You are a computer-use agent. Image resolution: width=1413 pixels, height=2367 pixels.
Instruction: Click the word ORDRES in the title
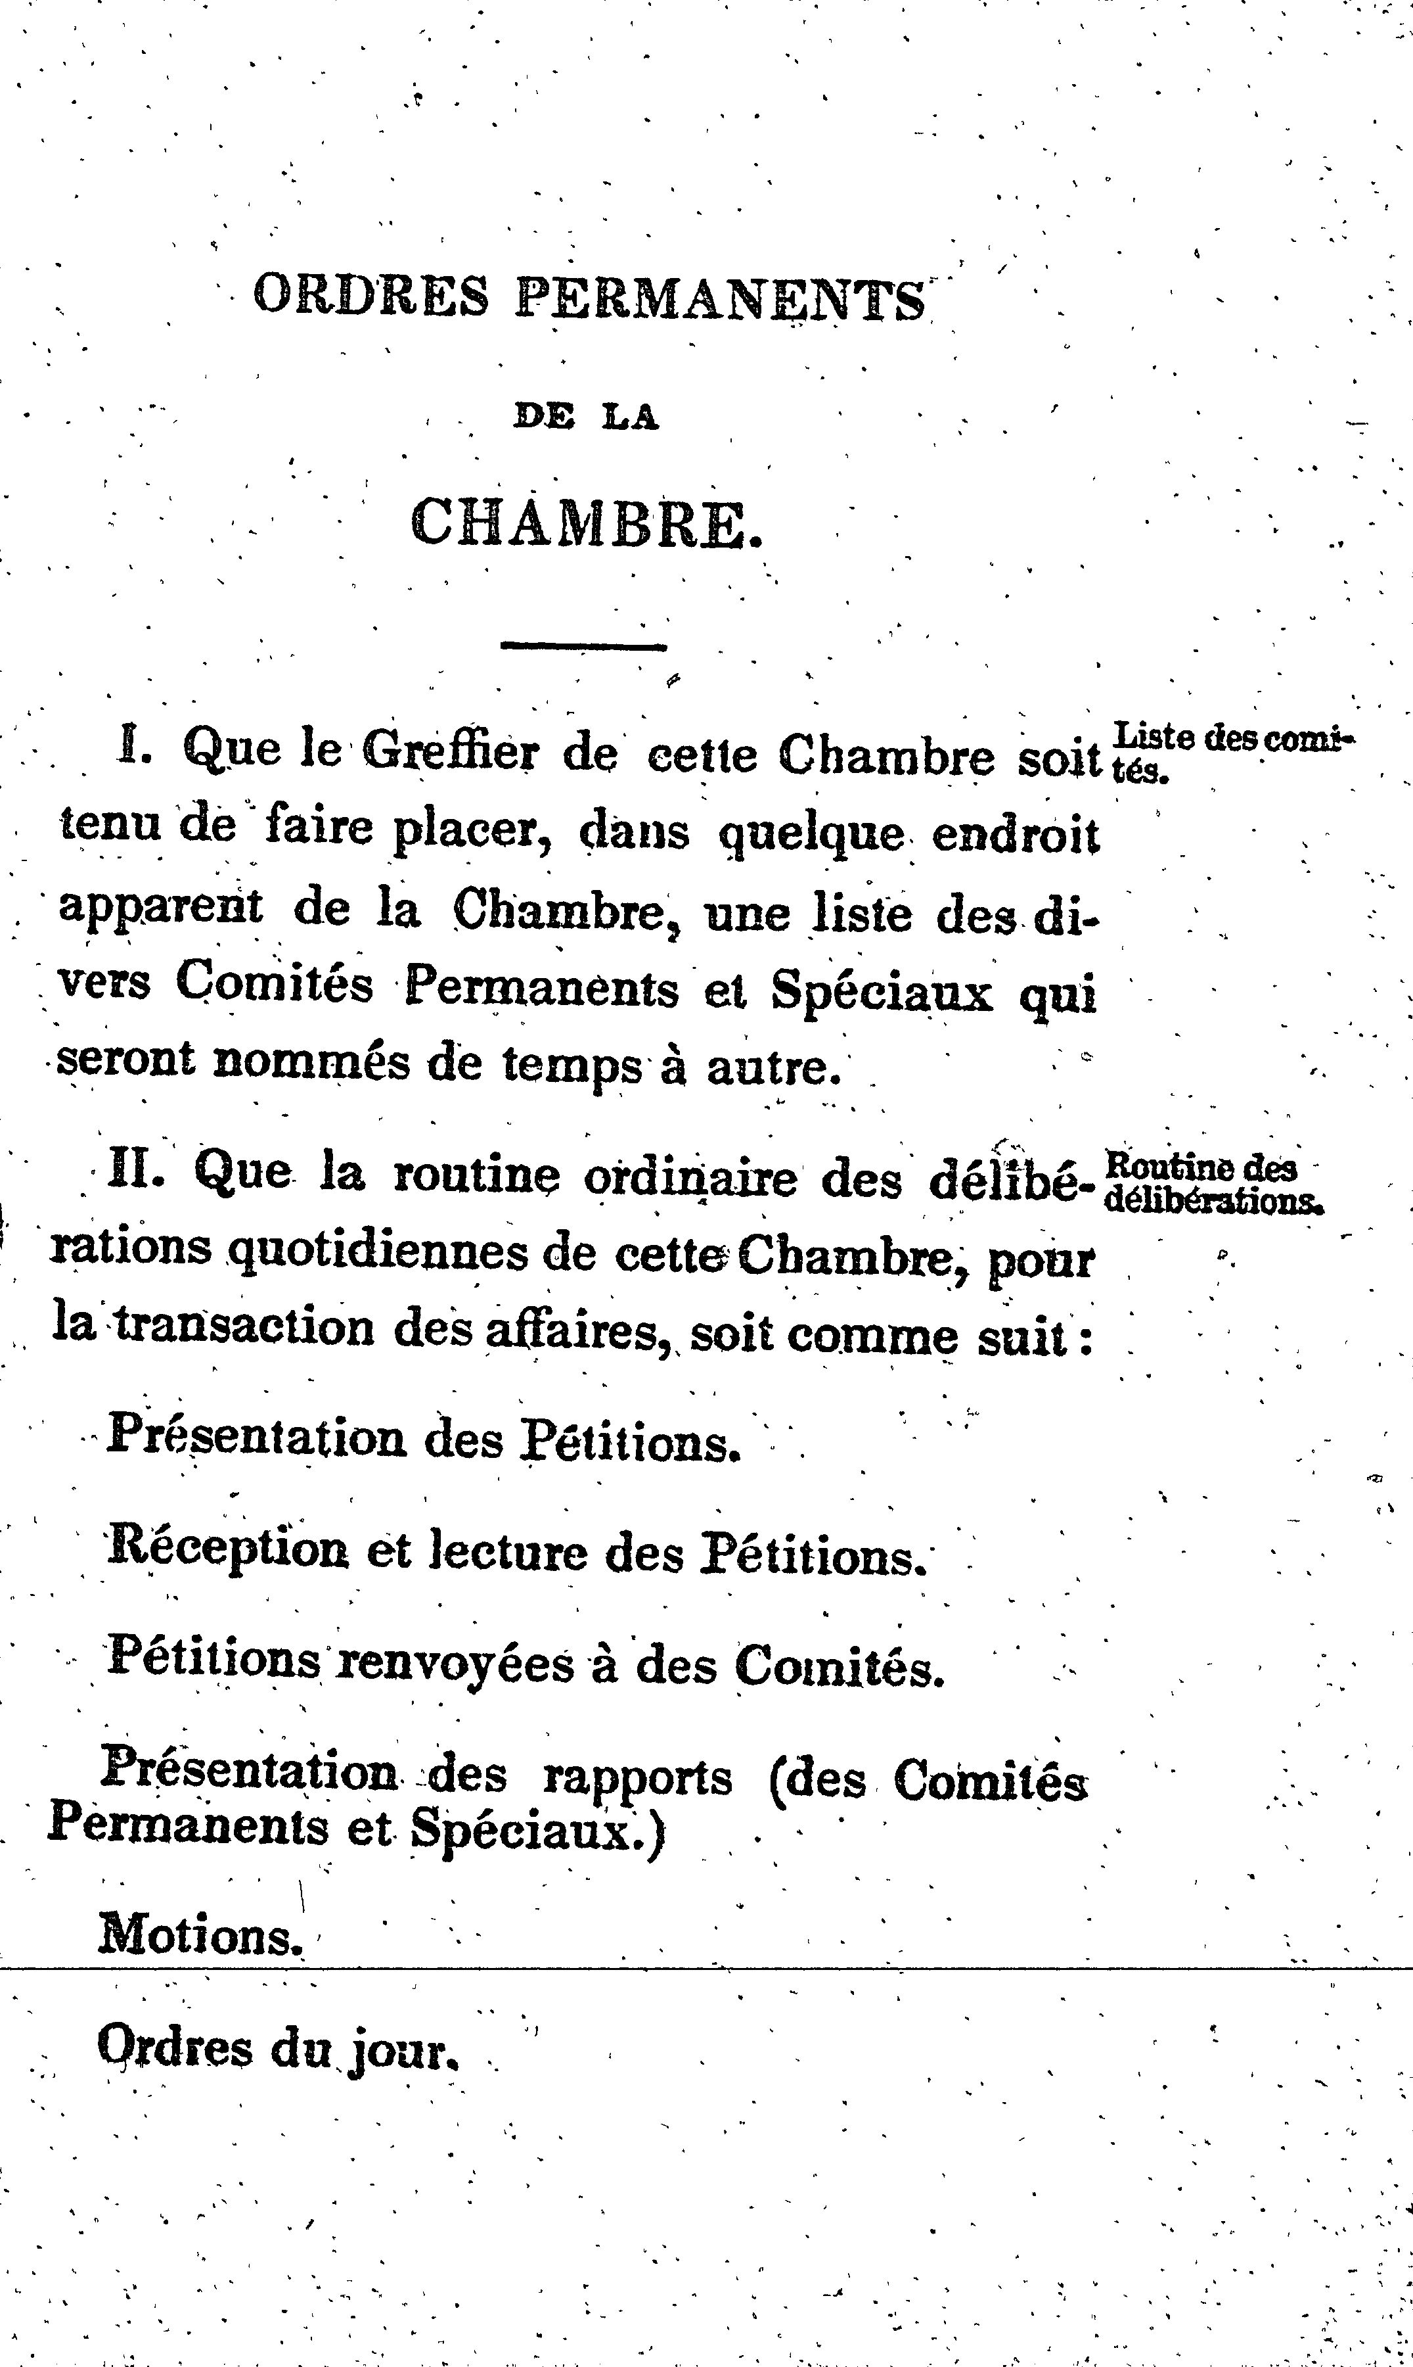click(370, 296)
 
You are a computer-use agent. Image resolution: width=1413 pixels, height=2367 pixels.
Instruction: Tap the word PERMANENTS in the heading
click(720, 299)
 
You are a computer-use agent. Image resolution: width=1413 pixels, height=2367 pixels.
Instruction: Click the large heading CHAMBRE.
click(587, 522)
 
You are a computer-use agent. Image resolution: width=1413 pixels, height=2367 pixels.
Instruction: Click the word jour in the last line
click(409, 2053)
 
